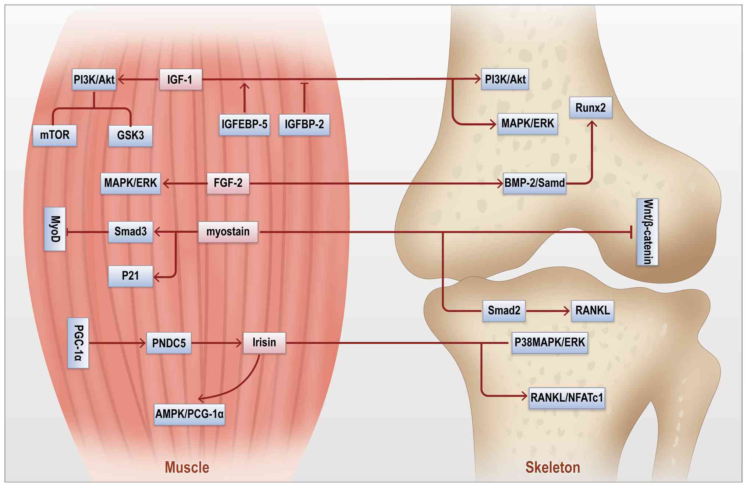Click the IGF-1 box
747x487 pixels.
pyautogui.click(x=180, y=79)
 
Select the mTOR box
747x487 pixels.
pyautogui.click(x=55, y=135)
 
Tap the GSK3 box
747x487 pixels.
pyautogui.click(x=131, y=135)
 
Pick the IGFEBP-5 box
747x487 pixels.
pyautogui.click(x=244, y=124)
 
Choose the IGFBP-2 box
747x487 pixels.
pyautogui.click(x=304, y=124)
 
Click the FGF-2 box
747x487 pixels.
pyautogui.click(x=228, y=183)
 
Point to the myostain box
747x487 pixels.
pyautogui.click(x=228, y=232)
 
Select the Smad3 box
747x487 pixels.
pyautogui.click(x=131, y=232)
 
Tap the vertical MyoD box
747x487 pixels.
pyautogui.click(x=55, y=229)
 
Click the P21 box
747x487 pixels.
pyautogui.click(x=131, y=276)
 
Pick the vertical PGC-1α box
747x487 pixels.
pyautogui.click(x=78, y=343)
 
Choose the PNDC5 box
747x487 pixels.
pyautogui.click(x=169, y=343)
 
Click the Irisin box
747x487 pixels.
pyautogui.click(x=264, y=343)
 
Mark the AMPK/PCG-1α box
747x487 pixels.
pyautogui.click(x=189, y=414)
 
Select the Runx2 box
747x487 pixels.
pyautogui.click(x=591, y=108)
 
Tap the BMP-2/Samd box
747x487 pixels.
pyautogui.click(x=534, y=183)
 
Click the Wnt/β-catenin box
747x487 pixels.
pyautogui.click(x=647, y=232)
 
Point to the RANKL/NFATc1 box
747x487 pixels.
pyautogui.click(x=567, y=398)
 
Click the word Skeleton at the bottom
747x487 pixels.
pyautogui.click(x=552, y=468)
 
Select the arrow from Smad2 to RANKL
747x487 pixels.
pyautogui.click(x=548, y=311)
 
